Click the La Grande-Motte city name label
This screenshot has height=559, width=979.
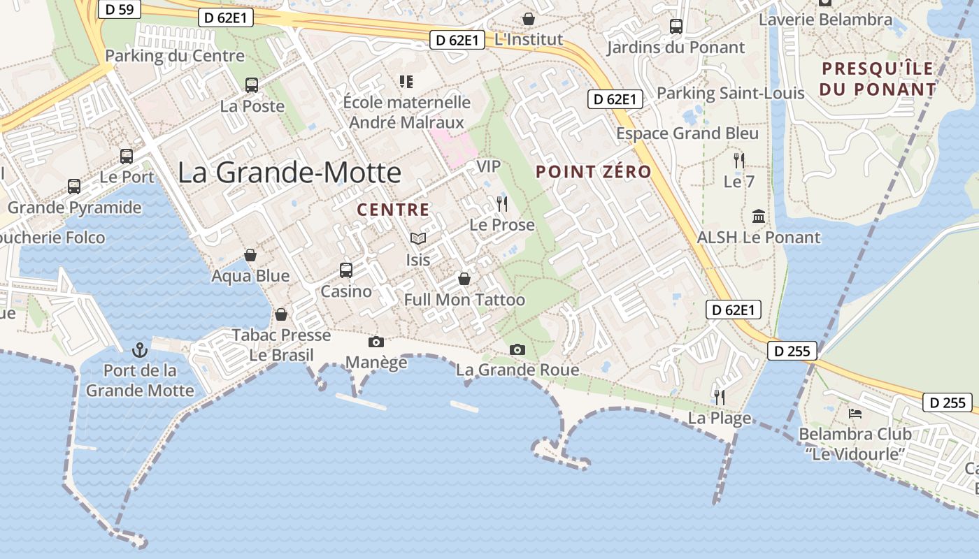(x=290, y=173)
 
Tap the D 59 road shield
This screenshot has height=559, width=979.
(x=120, y=9)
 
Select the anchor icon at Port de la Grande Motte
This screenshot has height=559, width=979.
(x=141, y=349)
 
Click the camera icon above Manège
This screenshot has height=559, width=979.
(x=376, y=342)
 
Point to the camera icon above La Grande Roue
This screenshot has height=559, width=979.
(x=517, y=349)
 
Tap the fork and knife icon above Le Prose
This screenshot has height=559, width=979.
(x=501, y=204)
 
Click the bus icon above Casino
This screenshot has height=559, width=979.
(x=345, y=270)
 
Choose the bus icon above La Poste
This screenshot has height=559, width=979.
(x=252, y=85)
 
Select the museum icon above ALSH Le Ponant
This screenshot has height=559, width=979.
(x=759, y=216)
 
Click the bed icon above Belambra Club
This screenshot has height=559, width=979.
(x=855, y=413)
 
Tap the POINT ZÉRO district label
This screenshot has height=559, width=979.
(x=594, y=172)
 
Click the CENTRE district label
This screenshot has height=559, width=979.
(x=393, y=210)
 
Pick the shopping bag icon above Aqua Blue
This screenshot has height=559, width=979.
(x=250, y=255)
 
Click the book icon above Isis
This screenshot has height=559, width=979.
(x=418, y=239)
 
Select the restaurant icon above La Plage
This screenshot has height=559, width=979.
(x=719, y=397)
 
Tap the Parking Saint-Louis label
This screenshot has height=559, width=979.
(x=730, y=93)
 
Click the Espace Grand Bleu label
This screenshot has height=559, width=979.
(x=687, y=133)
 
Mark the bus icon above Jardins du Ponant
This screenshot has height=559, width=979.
(x=676, y=27)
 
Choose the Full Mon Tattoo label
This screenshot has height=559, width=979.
(x=464, y=300)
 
